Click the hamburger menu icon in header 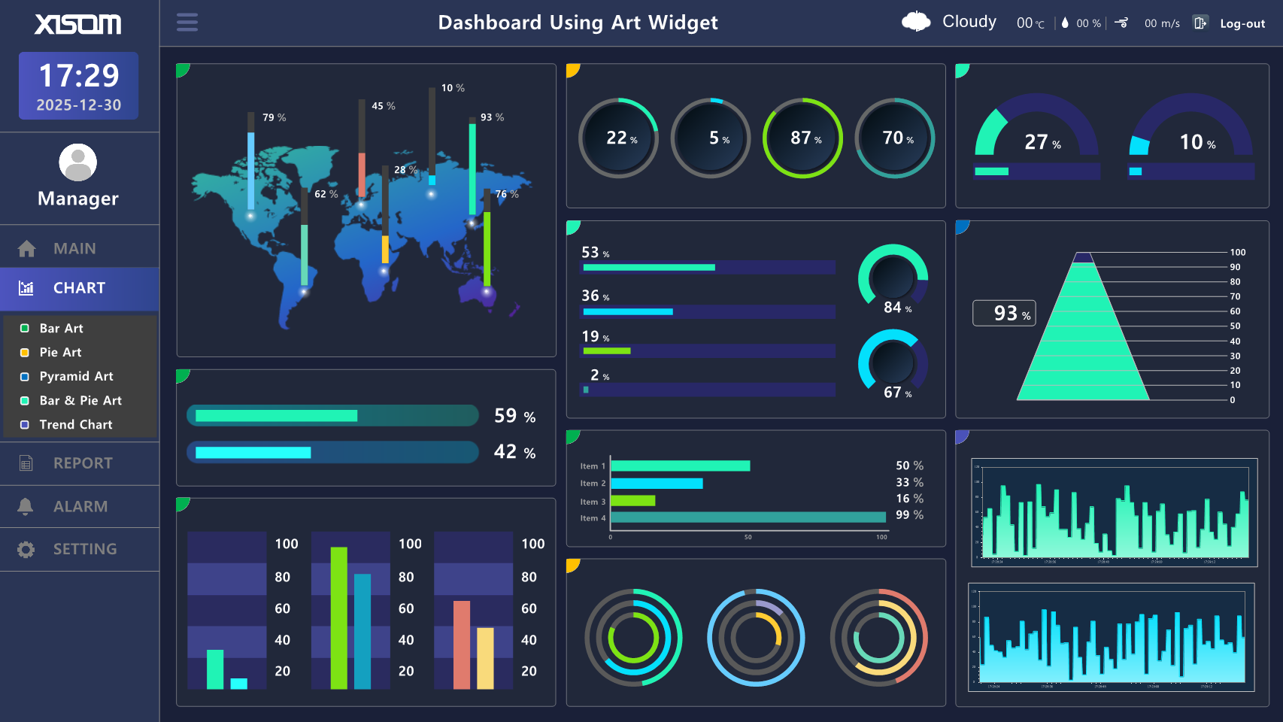click(x=187, y=23)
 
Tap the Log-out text click(x=1242, y=24)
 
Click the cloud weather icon click(x=916, y=22)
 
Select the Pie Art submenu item click(x=60, y=352)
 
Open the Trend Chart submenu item click(x=75, y=424)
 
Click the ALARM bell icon click(x=26, y=506)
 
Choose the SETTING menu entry click(x=84, y=549)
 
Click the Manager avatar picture click(x=78, y=162)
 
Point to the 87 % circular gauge click(x=802, y=138)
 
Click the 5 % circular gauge click(x=711, y=138)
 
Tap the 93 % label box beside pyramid click(x=1004, y=313)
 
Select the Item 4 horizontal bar click(x=748, y=517)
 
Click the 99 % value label click(x=909, y=515)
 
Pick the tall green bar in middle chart click(x=339, y=617)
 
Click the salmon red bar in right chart click(x=461, y=644)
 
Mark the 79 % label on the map click(x=274, y=117)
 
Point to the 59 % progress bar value click(x=514, y=416)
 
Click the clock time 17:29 click(x=79, y=75)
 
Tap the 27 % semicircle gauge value click(x=1042, y=142)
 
